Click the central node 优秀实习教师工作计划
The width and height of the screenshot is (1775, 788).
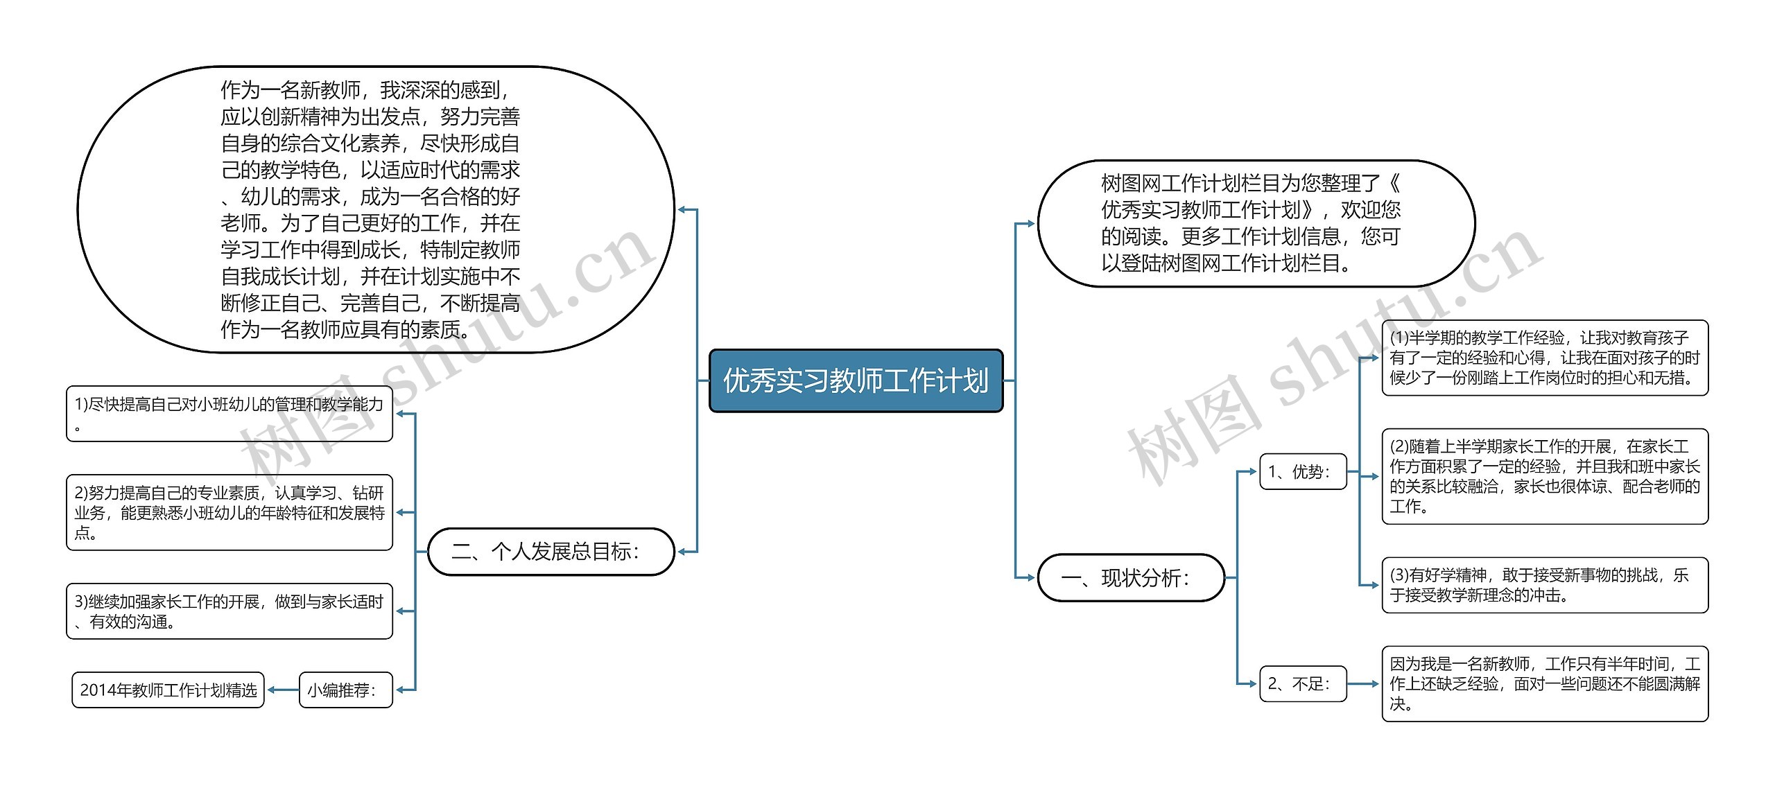[x=856, y=380]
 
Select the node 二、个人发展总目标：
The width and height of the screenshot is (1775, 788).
[x=551, y=552]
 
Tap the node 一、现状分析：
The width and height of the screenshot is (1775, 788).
[x=1130, y=577]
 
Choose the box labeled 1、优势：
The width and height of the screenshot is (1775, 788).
[x=1302, y=472]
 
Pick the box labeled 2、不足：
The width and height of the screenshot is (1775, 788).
[x=1302, y=684]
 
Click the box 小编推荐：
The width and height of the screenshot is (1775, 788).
[x=345, y=690]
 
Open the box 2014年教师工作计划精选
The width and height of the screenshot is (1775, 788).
[x=168, y=690]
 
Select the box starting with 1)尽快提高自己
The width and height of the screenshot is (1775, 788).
[x=229, y=414]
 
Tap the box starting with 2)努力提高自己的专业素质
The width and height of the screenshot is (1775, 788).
[x=229, y=513]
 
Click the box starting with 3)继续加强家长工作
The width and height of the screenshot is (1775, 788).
[x=229, y=611]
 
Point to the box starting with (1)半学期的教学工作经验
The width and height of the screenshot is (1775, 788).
[x=1544, y=358]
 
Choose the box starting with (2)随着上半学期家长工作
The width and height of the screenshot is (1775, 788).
[x=1544, y=476]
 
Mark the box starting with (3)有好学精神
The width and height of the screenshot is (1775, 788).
[x=1544, y=585]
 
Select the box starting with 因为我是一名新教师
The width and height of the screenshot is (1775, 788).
[x=1544, y=684]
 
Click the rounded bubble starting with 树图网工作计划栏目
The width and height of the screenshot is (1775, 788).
[x=1255, y=223]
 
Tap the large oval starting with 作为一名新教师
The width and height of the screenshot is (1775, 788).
[x=375, y=209]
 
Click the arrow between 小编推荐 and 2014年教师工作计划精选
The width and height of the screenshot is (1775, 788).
[x=282, y=690]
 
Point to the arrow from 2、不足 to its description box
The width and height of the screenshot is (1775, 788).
[x=1363, y=684]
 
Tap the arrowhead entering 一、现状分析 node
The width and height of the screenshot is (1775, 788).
[x=1030, y=577]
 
